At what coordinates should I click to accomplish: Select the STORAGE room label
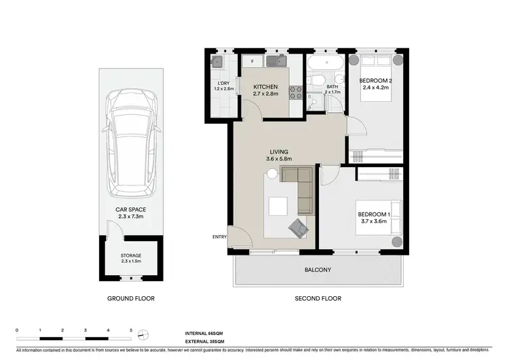click(x=131, y=255)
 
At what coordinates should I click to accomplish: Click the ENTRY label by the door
click(x=219, y=236)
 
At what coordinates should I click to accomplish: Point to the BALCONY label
click(x=318, y=270)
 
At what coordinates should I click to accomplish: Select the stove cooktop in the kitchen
click(x=296, y=93)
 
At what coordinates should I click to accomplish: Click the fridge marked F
click(x=252, y=62)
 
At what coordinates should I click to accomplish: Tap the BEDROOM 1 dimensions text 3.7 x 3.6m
click(x=373, y=222)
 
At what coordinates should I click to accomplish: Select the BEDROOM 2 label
click(x=375, y=81)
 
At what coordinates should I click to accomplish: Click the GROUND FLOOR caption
click(x=131, y=298)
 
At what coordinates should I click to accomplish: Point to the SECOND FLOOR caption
click(x=318, y=298)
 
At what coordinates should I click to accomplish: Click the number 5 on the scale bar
click(x=130, y=330)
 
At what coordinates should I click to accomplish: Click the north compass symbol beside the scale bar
click(x=143, y=334)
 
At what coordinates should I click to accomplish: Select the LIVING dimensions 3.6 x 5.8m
click(x=279, y=160)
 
